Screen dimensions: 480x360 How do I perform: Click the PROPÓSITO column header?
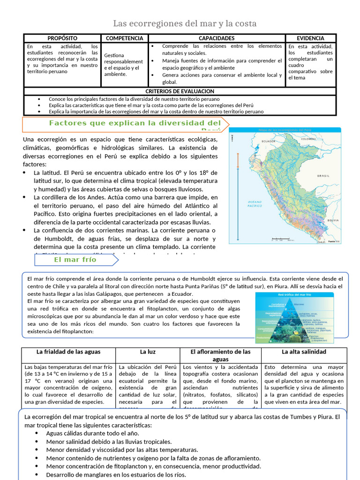click(x=62, y=38)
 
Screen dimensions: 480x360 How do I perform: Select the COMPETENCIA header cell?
click(x=124, y=38)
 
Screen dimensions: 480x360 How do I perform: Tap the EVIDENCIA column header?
click(x=310, y=38)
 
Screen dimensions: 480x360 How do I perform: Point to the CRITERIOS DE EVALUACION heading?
click(x=180, y=91)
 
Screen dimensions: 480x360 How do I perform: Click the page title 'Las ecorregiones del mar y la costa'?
click(x=185, y=23)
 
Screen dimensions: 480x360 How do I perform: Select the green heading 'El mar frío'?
click(x=75, y=260)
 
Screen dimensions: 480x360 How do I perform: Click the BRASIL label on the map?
click(x=323, y=176)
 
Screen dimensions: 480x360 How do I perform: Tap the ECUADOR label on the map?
click(x=268, y=141)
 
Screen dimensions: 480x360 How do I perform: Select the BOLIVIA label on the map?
click(x=333, y=220)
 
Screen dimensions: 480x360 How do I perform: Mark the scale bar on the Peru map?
click(x=282, y=240)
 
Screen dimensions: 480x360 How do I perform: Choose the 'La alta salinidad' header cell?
click(x=304, y=352)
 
